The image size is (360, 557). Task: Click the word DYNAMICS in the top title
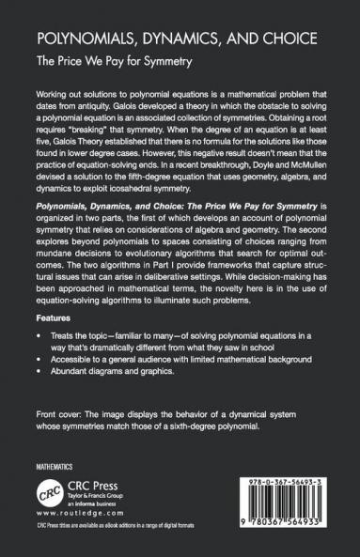pos(169,41)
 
